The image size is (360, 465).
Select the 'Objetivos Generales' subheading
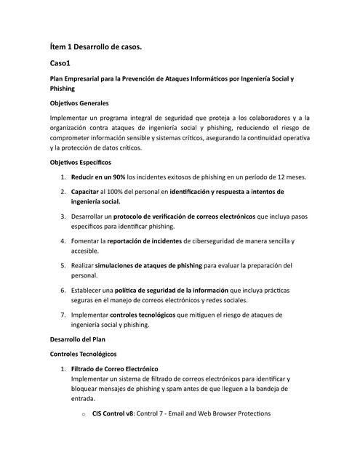point(79,102)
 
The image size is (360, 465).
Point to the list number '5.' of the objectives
point(64,265)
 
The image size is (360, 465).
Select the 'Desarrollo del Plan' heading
point(79,339)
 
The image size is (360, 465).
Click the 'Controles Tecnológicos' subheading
point(83,354)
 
